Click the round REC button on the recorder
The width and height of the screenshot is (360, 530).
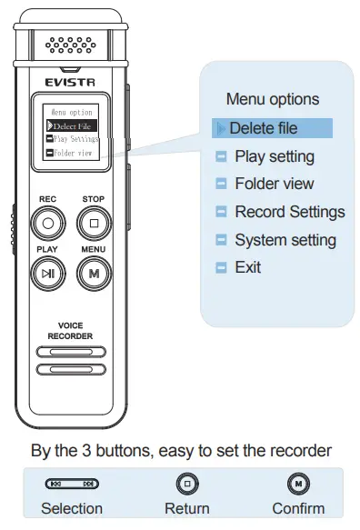pos(49,221)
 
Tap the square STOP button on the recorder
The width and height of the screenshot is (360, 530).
pos(94,221)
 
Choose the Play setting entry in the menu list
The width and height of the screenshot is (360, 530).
pos(274,156)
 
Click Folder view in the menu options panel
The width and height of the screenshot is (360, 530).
pos(274,184)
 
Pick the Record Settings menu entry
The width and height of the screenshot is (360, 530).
pos(289,212)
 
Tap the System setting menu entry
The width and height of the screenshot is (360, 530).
pos(285,240)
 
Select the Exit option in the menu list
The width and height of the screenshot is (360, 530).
pos(247,267)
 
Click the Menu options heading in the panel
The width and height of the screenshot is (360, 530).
pos(273,99)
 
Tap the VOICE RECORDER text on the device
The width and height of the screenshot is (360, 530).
pos(71,330)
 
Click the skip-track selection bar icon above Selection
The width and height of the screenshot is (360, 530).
pos(72,485)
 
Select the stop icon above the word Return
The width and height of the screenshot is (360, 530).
pos(186,484)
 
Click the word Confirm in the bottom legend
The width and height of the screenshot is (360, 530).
pos(297,508)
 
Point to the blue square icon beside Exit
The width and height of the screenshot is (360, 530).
pos(219,268)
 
